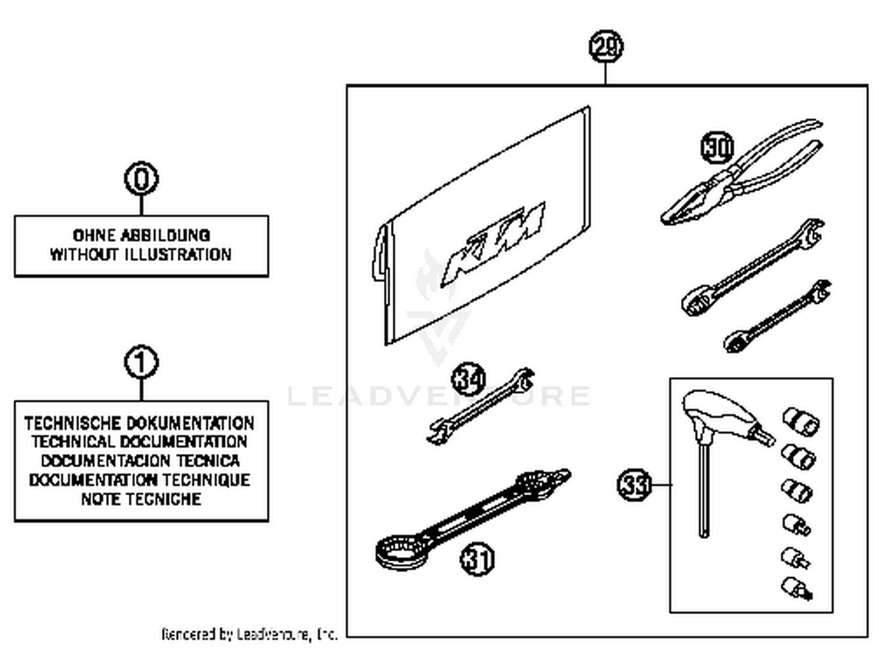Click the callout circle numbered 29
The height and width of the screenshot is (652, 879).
click(x=605, y=47)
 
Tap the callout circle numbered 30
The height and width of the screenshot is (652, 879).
click(x=717, y=147)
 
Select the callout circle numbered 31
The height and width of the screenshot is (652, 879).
click(x=477, y=559)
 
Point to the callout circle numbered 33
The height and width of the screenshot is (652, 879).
click(x=634, y=485)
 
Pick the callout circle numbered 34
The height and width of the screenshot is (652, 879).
click(x=468, y=379)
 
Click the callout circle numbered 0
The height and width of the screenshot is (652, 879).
click(x=141, y=178)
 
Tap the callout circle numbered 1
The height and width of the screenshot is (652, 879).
click(x=141, y=362)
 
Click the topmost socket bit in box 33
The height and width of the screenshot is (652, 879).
click(x=800, y=421)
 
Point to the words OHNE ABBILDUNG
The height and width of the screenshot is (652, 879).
click(x=141, y=235)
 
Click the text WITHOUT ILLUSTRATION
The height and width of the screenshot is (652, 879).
click(x=141, y=254)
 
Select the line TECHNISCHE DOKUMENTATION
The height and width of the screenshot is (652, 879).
click(x=139, y=423)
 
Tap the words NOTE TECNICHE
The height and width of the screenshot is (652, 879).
click(x=141, y=499)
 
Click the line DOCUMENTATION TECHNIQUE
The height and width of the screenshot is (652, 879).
click(x=139, y=480)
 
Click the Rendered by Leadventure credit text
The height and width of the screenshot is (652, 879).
click(x=249, y=634)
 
